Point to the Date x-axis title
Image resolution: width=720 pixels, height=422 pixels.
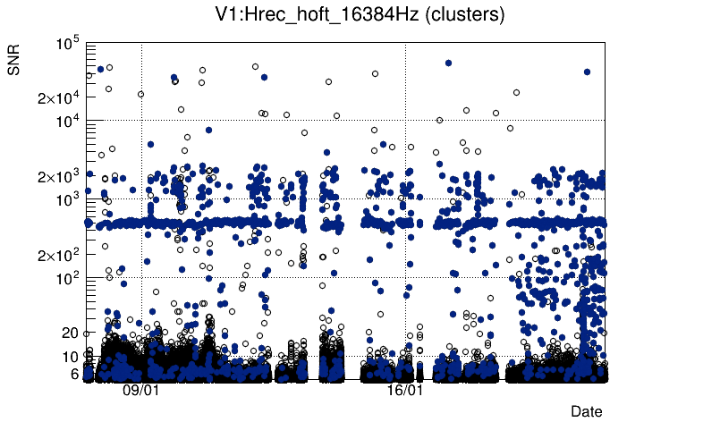[587, 411]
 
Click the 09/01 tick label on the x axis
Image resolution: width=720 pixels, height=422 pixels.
[141, 391]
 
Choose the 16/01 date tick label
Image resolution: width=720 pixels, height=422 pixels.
[405, 391]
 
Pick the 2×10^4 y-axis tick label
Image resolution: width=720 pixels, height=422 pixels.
[59, 98]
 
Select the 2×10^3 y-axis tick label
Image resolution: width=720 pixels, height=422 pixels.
[59, 178]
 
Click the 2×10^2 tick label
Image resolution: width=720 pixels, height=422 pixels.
[59, 257]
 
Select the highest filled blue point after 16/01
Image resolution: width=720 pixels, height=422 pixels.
[448, 63]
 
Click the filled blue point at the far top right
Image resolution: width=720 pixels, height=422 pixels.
[587, 72]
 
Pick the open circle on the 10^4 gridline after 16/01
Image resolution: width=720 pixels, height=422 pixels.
[439, 120]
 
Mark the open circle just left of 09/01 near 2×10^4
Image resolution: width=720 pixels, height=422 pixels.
[140, 94]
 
